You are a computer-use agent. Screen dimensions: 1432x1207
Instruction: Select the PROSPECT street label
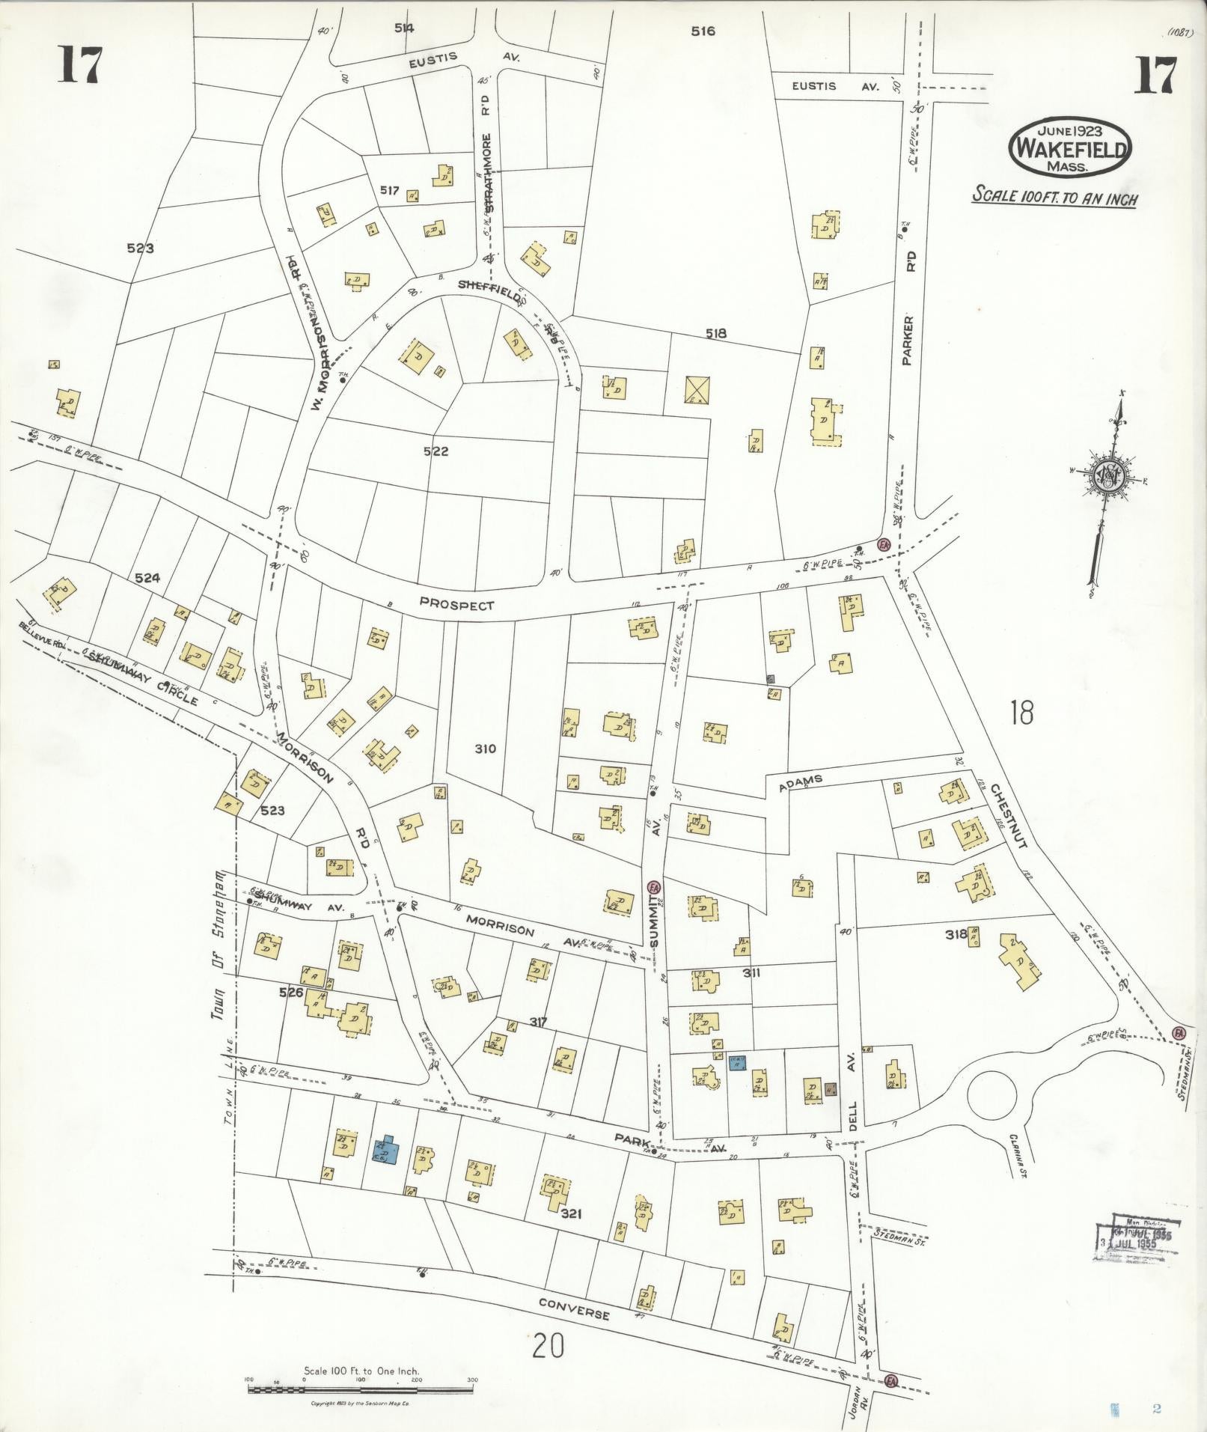(456, 604)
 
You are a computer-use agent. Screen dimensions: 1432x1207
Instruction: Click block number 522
(436, 451)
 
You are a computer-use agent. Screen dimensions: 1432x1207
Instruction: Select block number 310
(485, 748)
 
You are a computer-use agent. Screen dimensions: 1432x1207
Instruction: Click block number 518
(716, 334)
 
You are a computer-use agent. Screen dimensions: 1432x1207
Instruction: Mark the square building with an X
(697, 390)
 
